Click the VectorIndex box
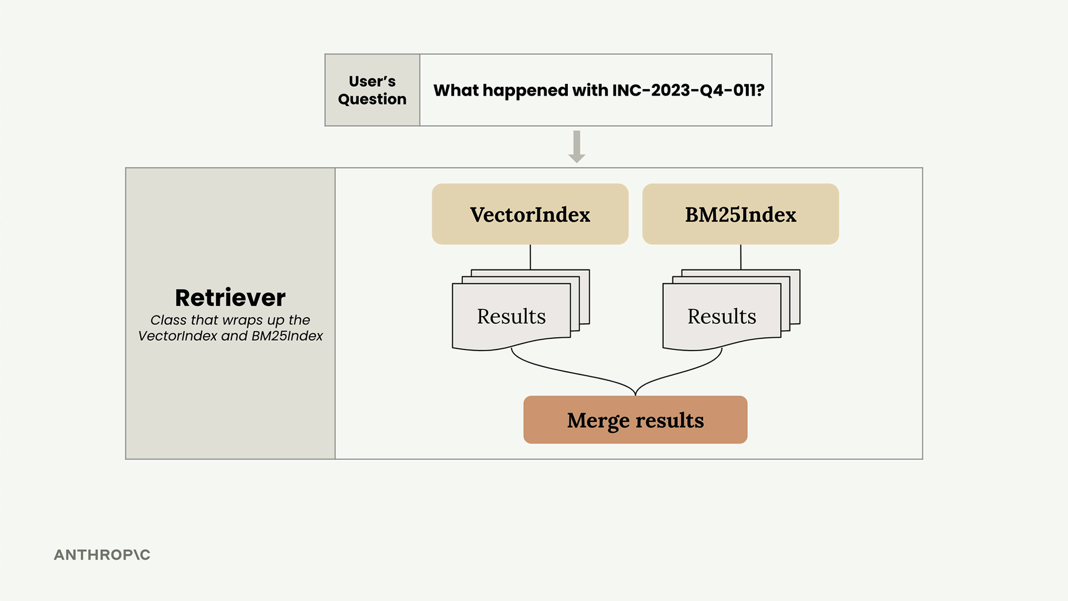pyautogui.click(x=530, y=214)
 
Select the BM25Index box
pyautogui.click(x=740, y=214)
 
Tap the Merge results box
pyautogui.click(x=635, y=420)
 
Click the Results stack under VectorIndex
pyautogui.click(x=521, y=310)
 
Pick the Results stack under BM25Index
pyautogui.click(x=731, y=310)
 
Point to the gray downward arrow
pyautogui.click(x=577, y=147)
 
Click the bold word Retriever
pyautogui.click(x=230, y=298)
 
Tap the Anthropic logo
pyautogui.click(x=102, y=555)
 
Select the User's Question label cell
pyautogui.click(x=372, y=90)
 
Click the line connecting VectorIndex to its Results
pyautogui.click(x=530, y=257)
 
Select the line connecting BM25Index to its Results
pyautogui.click(x=740, y=257)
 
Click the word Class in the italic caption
pyautogui.click(x=169, y=320)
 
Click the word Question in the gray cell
pyautogui.click(x=372, y=99)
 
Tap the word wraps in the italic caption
pyautogui.click(x=243, y=321)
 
